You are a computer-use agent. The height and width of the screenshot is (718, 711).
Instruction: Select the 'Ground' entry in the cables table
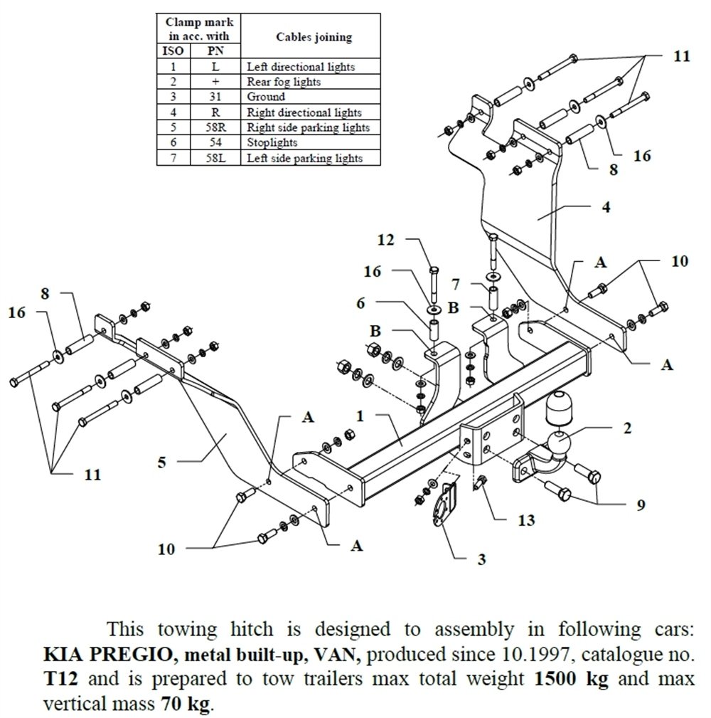click(x=265, y=97)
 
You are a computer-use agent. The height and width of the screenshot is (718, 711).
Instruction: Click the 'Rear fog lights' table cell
click(x=283, y=82)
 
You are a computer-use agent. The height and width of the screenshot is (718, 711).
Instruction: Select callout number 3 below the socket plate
click(x=481, y=559)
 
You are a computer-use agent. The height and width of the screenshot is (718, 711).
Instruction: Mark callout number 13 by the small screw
click(x=525, y=520)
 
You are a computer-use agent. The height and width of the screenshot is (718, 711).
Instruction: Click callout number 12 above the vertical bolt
click(x=385, y=241)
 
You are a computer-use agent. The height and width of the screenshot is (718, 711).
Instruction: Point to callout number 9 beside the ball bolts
click(x=641, y=505)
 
